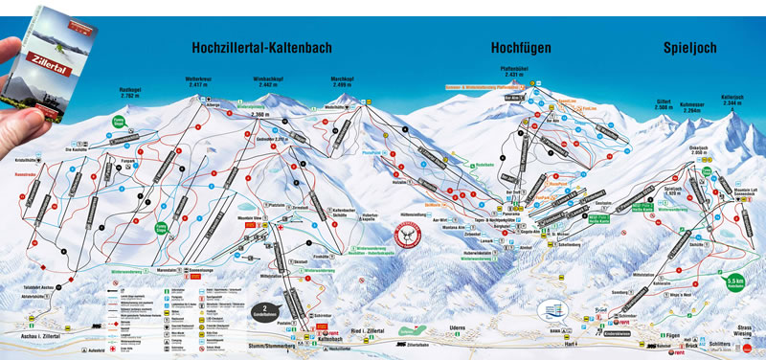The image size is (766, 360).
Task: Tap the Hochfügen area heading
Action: click(522, 47)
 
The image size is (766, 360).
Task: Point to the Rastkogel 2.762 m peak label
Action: click(131, 93)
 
